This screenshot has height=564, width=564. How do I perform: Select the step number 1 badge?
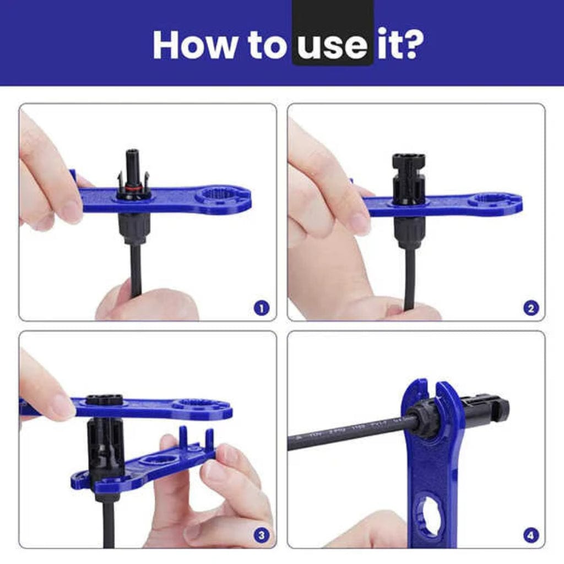(x=262, y=308)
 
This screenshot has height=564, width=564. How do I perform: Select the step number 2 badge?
(x=530, y=308)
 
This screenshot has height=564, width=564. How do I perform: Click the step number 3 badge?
(x=262, y=535)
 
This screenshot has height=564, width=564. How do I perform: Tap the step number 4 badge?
(x=530, y=535)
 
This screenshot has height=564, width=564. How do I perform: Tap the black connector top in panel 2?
(x=408, y=162)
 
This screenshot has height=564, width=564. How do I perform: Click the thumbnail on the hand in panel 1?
(x=69, y=211)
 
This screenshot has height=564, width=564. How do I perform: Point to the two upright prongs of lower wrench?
(x=196, y=438)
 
